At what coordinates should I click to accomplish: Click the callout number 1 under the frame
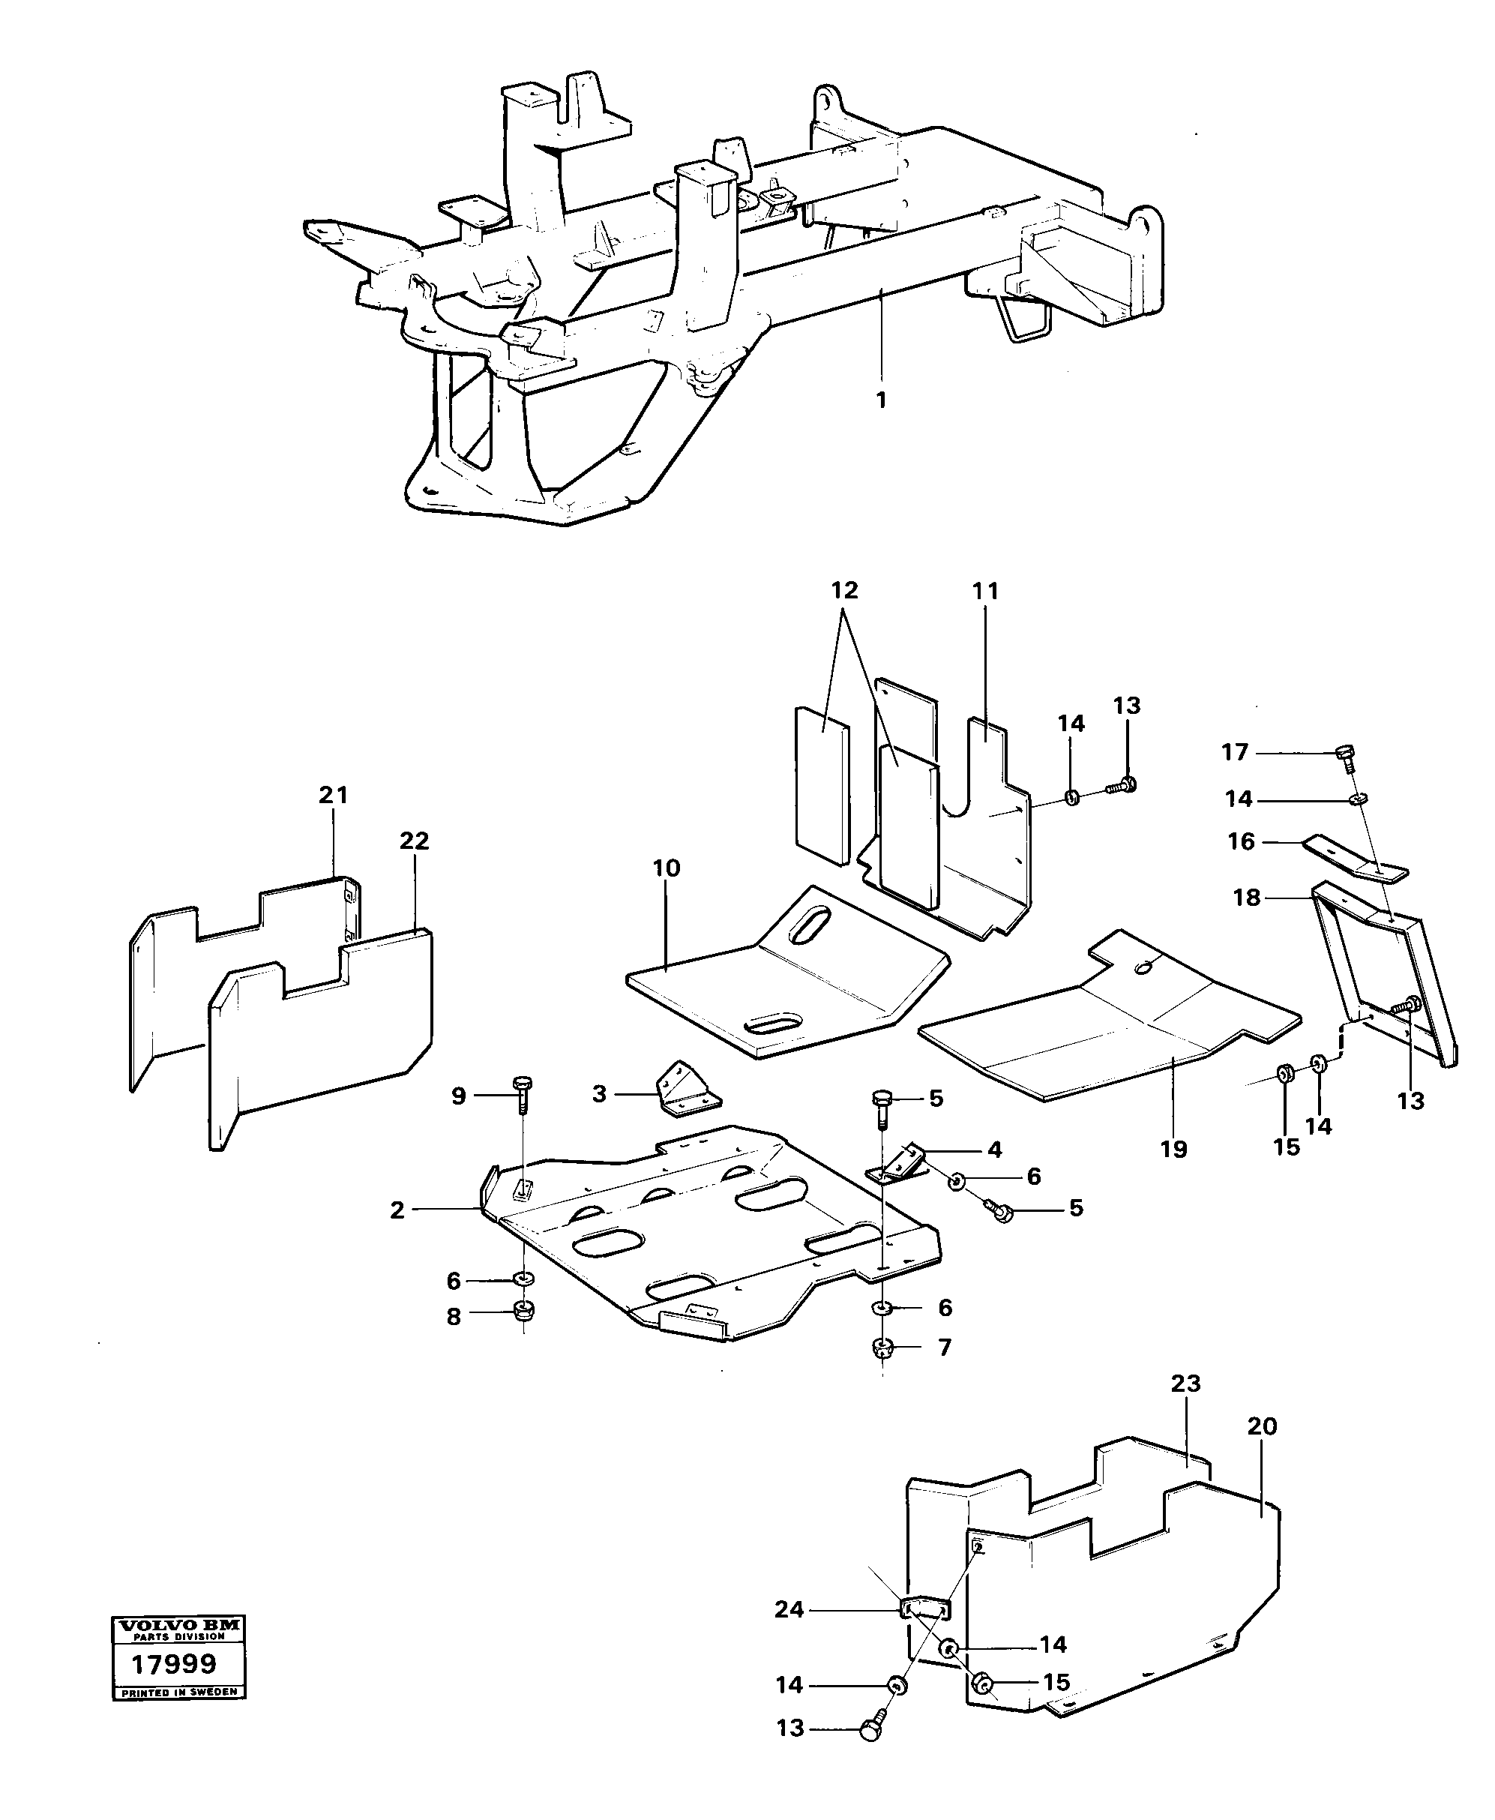click(880, 400)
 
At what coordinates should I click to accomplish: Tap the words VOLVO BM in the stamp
click(179, 1627)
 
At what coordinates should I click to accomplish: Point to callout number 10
click(667, 868)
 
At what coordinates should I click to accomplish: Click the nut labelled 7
click(882, 1348)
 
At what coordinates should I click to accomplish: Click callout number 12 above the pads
click(845, 591)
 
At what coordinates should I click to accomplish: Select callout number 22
click(414, 841)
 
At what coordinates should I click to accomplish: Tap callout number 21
click(334, 795)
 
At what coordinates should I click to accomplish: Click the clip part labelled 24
click(925, 1607)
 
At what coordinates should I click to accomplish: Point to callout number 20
click(1262, 1426)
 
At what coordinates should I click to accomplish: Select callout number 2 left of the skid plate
click(397, 1210)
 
